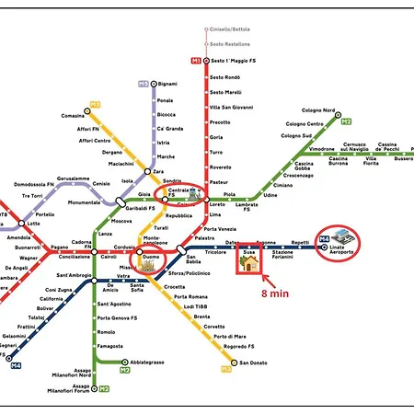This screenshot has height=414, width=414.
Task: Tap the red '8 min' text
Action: tap(277, 293)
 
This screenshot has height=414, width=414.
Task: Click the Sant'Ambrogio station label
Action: tap(73, 275)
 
